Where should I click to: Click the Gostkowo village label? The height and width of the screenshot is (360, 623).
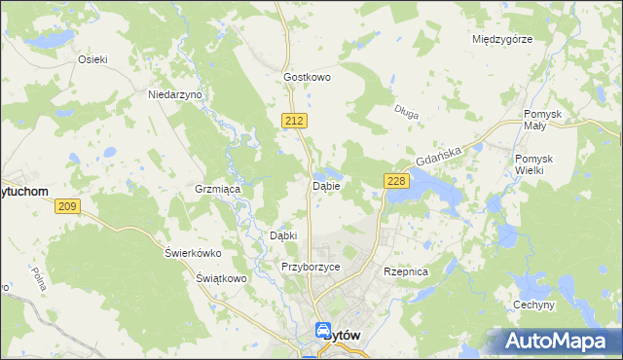pos(308,76)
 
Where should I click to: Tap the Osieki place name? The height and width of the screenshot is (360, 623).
pos(92,58)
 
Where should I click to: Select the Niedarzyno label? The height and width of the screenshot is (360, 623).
pos(174,94)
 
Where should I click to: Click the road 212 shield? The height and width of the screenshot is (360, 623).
pos(297,120)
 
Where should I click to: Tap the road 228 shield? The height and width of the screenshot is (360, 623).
pos(395,181)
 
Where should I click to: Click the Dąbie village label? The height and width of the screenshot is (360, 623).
pos(325,185)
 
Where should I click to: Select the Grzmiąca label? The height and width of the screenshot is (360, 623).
pos(217,189)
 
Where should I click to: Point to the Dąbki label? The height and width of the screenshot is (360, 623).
pos(282,235)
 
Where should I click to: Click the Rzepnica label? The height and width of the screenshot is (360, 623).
pos(406,272)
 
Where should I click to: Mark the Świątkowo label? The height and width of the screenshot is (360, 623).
pos(219,278)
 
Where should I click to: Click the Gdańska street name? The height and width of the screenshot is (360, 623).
pos(436,154)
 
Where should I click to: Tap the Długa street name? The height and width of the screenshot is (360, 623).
pos(407,114)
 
